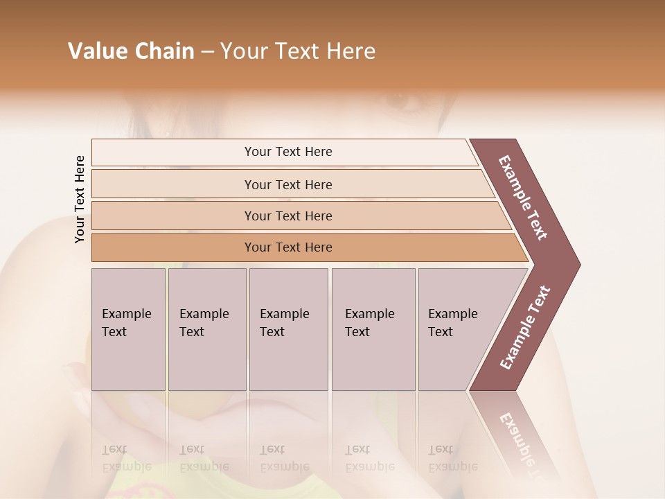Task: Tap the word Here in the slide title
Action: point(351,51)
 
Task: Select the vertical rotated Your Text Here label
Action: point(80,199)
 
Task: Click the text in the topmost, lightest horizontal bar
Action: point(288,152)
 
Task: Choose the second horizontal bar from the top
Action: point(288,184)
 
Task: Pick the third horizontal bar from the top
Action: point(288,216)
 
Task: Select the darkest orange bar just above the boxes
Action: point(288,247)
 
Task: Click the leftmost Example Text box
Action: point(128,329)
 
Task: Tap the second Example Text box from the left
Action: point(206,329)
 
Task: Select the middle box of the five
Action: point(288,329)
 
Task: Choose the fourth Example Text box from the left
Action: point(373,329)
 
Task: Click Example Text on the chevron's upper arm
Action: point(523,198)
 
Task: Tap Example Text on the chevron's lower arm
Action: point(525,328)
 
